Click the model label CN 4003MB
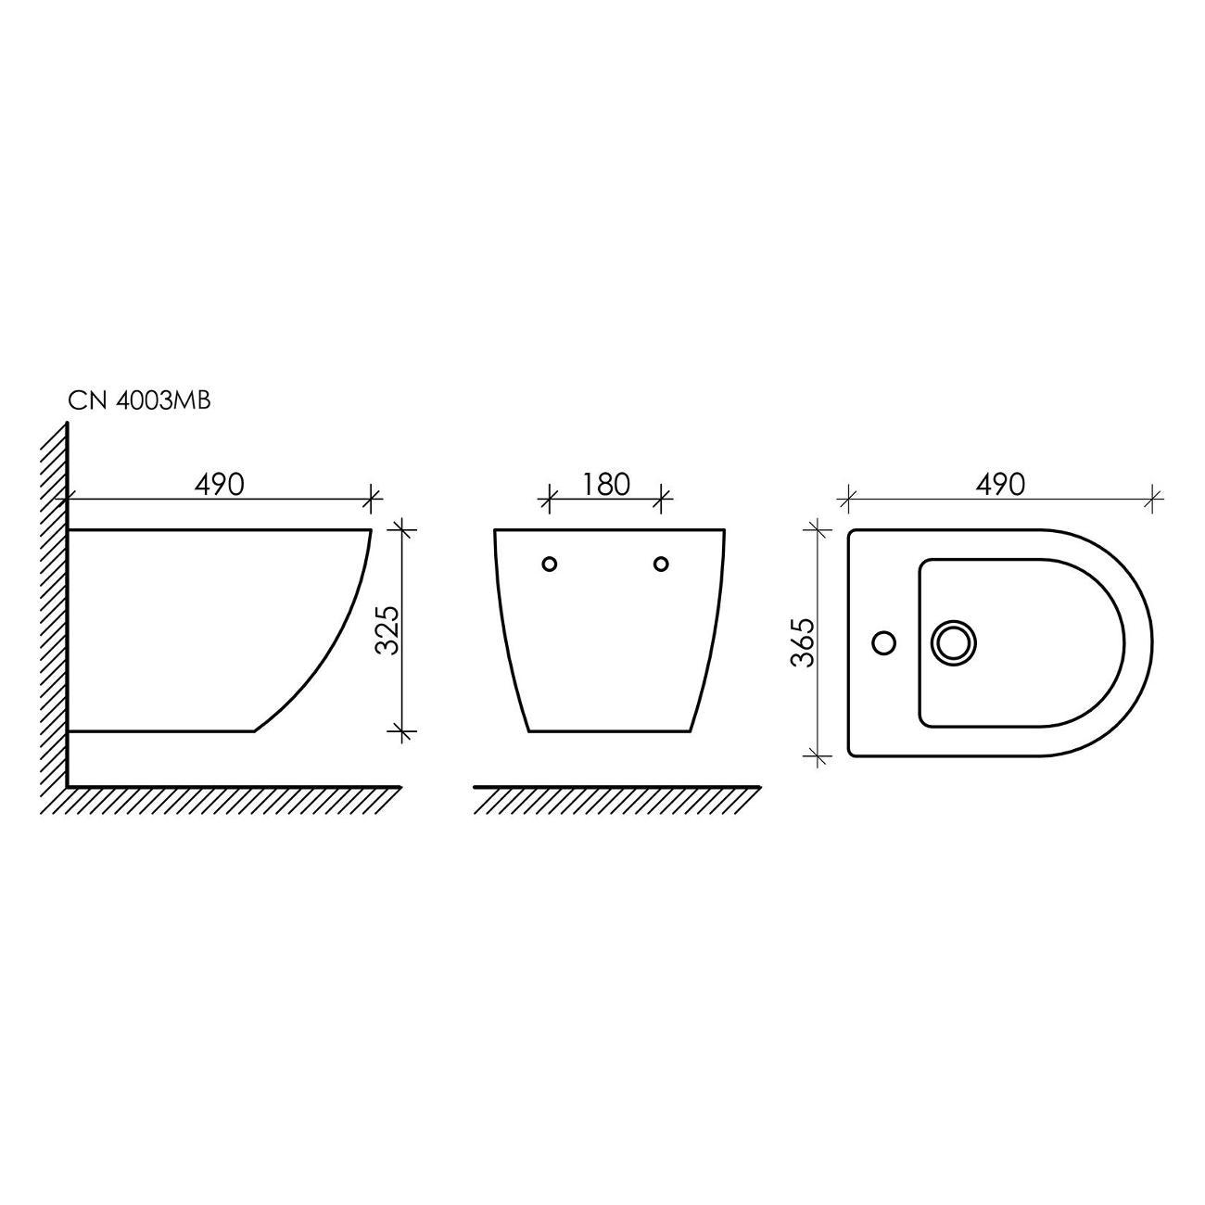pyautogui.click(x=139, y=400)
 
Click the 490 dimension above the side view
pyautogui.click(x=219, y=485)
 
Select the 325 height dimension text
pyautogui.click(x=387, y=630)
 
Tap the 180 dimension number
pyautogui.click(x=605, y=485)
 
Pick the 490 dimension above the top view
pyautogui.click(x=1000, y=485)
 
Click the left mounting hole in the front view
pyautogui.click(x=549, y=564)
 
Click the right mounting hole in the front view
pyautogui.click(x=661, y=564)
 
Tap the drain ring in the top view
pyautogui.click(x=954, y=643)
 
